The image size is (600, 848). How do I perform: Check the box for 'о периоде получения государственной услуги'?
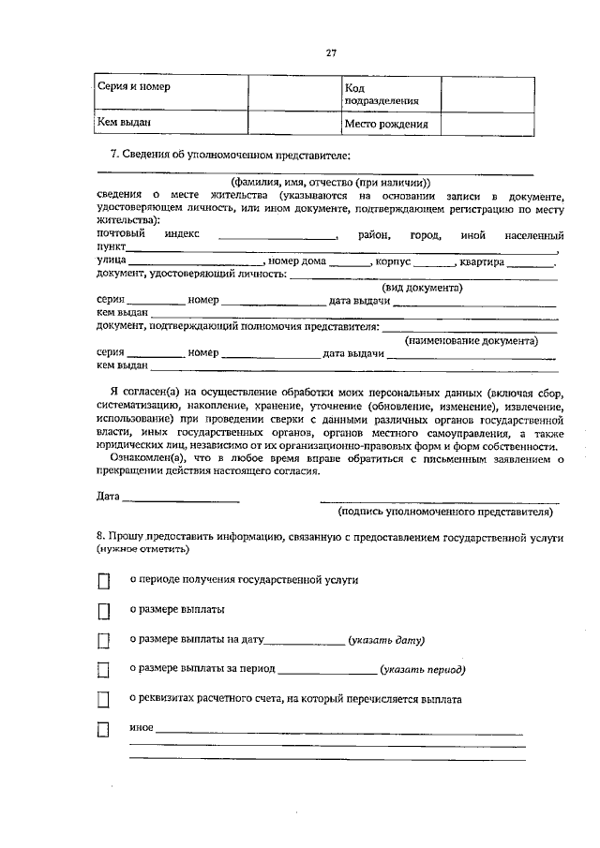point(104,582)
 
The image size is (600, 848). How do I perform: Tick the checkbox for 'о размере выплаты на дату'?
point(104,642)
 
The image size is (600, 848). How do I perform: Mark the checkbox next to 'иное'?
point(104,731)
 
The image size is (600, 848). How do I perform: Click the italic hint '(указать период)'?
point(422,670)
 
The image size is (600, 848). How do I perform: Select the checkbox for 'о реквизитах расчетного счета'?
point(104,701)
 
